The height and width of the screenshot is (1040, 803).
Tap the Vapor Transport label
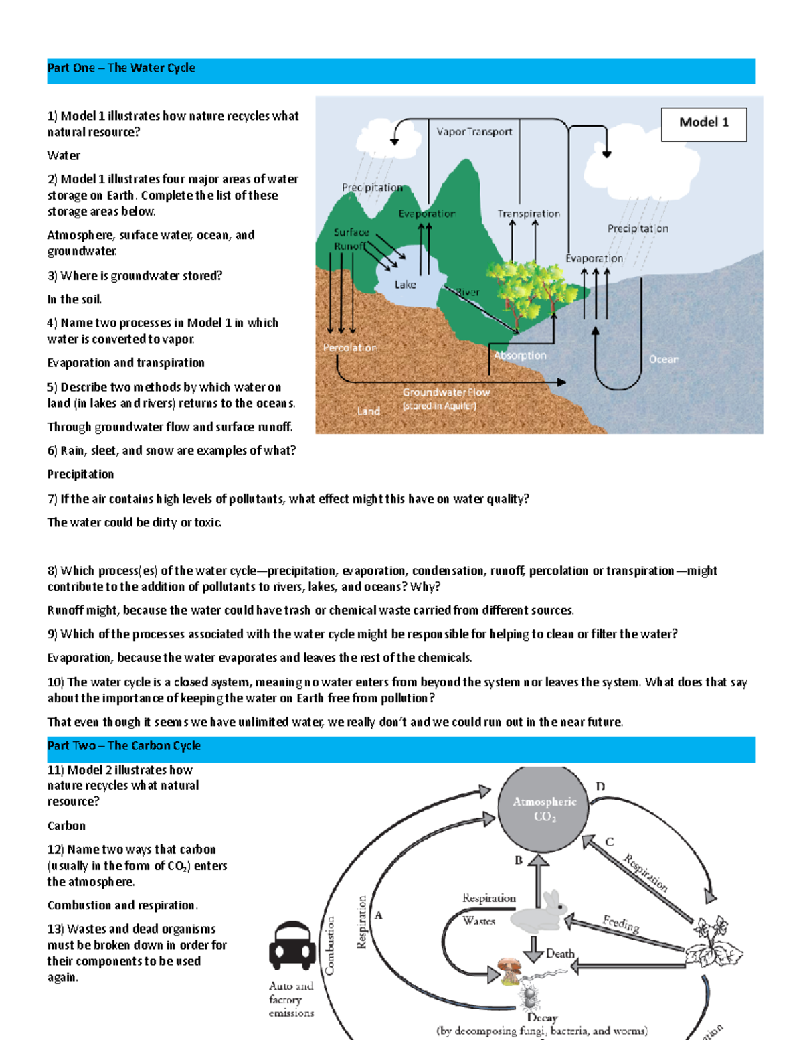(474, 132)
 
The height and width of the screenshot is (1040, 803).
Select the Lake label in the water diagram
(405, 285)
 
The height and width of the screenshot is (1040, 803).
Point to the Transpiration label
(528, 214)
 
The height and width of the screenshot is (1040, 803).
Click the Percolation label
(349, 348)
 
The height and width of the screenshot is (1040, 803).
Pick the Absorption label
(520, 356)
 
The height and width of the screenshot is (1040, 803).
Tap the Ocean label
(663, 360)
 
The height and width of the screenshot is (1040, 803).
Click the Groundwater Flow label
(446, 393)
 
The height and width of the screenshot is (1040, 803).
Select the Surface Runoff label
(351, 239)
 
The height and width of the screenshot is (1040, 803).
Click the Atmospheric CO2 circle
(543, 808)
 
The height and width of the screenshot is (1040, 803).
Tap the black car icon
(292, 946)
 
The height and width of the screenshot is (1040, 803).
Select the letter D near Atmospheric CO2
(600, 786)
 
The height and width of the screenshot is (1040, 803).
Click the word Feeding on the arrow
(620, 924)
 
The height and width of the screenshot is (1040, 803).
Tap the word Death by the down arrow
(560, 953)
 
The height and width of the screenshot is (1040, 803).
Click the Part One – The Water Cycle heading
(121, 68)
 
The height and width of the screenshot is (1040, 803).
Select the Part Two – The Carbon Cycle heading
(124, 746)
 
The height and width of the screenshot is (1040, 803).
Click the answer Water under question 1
(64, 156)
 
